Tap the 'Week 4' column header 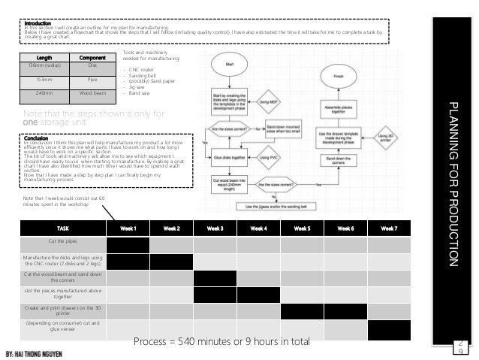coord(258,228)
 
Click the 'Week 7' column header coord(390,228)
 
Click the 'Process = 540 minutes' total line coord(221,343)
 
